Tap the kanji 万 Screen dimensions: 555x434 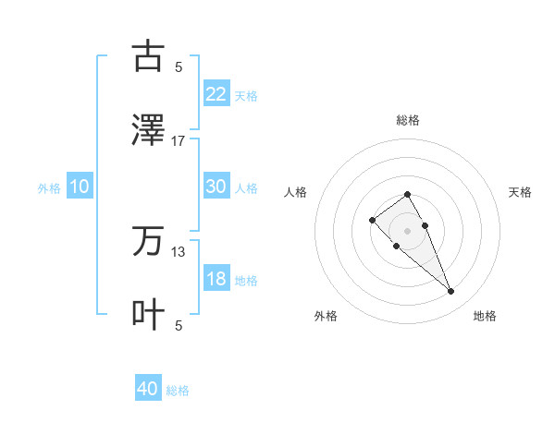pos(148,241)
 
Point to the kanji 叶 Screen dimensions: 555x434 pos(148,314)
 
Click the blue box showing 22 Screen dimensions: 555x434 pos(216,93)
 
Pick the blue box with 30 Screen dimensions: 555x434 pos(216,187)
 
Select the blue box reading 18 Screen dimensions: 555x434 pos(216,279)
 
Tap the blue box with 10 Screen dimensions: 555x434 pos(80,187)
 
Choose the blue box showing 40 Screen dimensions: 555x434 pos(148,389)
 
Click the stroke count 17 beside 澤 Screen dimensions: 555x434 pos(179,140)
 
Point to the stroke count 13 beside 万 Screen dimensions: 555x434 pos(179,251)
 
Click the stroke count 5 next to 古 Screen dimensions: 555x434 pos(179,66)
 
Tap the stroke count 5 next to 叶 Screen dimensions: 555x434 pos(179,325)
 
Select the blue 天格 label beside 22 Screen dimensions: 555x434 pos(246,95)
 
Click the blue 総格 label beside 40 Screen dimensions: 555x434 pos(178,391)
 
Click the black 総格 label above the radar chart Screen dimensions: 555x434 pos(407,120)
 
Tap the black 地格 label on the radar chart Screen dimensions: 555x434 pos(485,316)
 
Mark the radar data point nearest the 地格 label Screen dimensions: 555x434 pos(450,292)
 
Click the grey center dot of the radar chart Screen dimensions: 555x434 pos(407,230)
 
